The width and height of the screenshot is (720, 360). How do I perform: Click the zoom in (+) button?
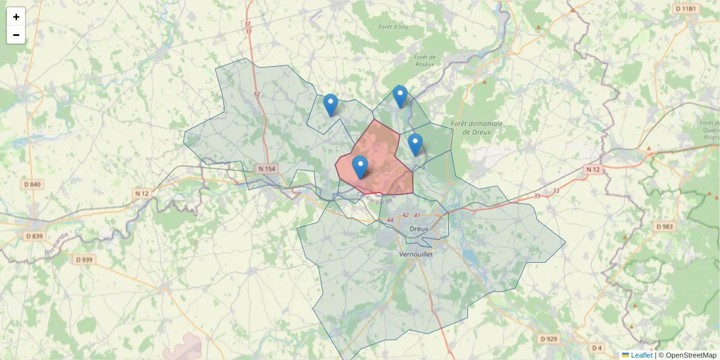[16, 17]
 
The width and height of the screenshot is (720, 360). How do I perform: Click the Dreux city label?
[418, 229]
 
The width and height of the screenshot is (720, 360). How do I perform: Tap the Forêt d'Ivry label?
[394, 27]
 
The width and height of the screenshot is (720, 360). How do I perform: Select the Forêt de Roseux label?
[425, 61]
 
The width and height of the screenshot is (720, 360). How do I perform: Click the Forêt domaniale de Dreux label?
[476, 128]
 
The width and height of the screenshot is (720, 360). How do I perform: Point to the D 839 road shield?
[34, 236]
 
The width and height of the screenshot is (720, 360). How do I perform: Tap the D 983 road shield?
[664, 227]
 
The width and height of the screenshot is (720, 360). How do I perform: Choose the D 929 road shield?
[548, 339]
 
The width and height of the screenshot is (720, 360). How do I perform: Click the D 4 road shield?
[596, 348]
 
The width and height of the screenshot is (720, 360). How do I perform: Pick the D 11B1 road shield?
[685, 9]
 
